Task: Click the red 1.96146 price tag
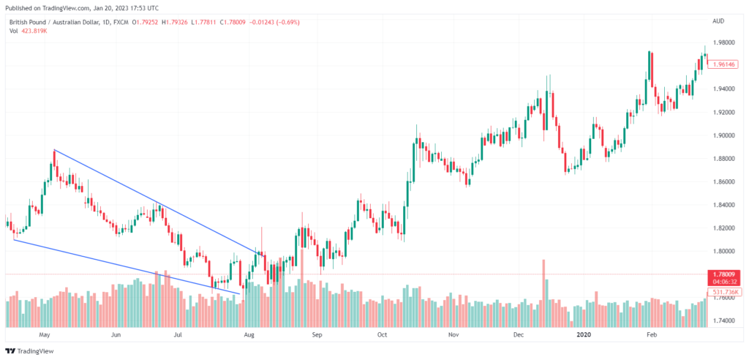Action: tap(725, 64)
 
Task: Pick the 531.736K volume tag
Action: tap(725, 291)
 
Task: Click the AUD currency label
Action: tap(718, 21)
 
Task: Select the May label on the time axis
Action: tap(45, 334)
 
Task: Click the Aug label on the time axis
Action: tap(249, 334)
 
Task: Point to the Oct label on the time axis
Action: tap(382, 334)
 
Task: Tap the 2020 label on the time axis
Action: tap(584, 334)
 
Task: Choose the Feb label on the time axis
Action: tap(651, 334)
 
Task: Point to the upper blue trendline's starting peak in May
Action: tap(55, 150)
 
